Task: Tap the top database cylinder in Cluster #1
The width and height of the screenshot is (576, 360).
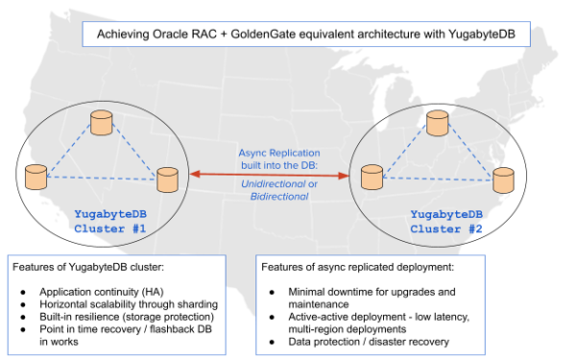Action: coord(99,123)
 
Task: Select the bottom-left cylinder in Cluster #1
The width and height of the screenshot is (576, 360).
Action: coord(36,177)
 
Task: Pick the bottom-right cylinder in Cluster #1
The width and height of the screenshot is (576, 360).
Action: coord(167,179)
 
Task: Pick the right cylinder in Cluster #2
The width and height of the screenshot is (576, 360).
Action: coord(504,179)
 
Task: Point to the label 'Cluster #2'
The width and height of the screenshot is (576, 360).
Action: coord(445,228)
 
